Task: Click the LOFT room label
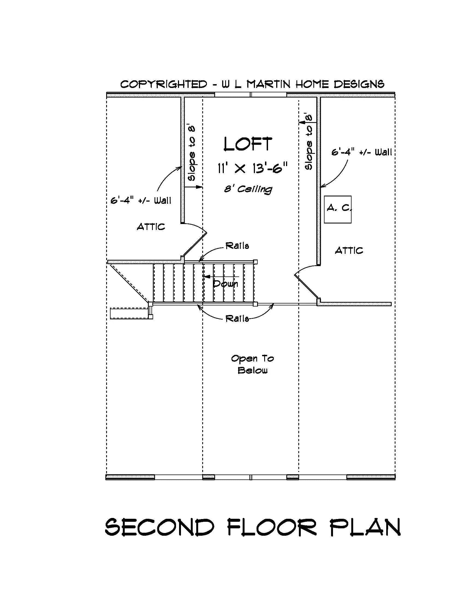pos(248,144)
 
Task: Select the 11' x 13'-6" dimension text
pos(252,168)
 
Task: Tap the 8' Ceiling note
pos(248,189)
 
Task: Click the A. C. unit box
pos(338,209)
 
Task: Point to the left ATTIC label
pos(151,227)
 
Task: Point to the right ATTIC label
pos(349,251)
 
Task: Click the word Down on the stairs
pos(225,284)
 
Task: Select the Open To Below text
pos(252,364)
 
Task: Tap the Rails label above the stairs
pos(237,246)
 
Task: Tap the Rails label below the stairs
pos(237,318)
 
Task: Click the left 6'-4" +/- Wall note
pos(141,200)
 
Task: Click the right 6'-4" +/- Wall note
pos(361,152)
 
